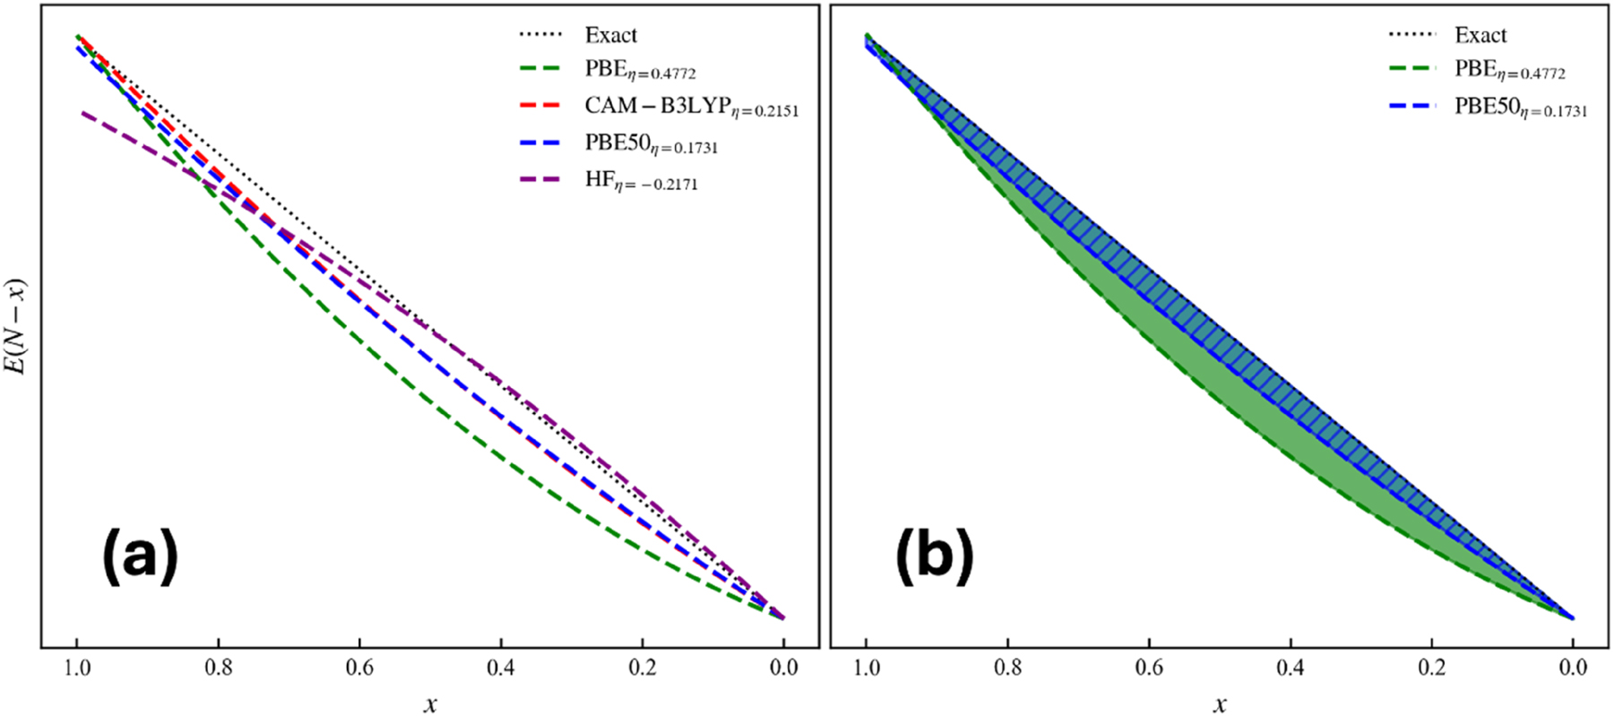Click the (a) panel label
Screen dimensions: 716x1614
click(x=141, y=556)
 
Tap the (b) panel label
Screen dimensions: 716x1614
click(x=934, y=556)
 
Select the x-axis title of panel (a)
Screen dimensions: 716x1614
click(x=431, y=704)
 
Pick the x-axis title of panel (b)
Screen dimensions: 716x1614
click(x=1220, y=704)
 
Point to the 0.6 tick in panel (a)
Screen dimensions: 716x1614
click(x=359, y=668)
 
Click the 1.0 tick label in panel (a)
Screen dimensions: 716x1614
click(x=77, y=668)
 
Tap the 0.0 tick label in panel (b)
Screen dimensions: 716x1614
click(x=1573, y=668)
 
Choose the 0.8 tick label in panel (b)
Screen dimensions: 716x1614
click(x=1007, y=668)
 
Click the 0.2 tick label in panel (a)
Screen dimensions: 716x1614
click(x=643, y=668)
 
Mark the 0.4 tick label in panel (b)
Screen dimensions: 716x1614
click(x=1290, y=668)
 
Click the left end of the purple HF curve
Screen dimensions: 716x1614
click(x=82, y=113)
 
